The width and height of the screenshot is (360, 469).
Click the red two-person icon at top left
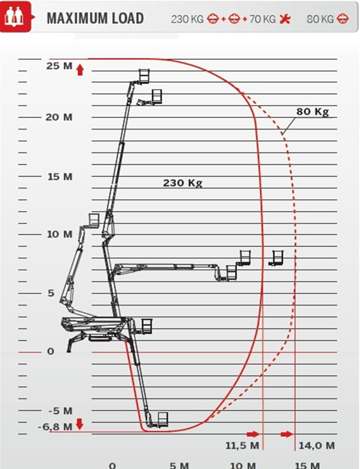coord(16,17)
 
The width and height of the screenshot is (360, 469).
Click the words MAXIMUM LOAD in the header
coord(95,18)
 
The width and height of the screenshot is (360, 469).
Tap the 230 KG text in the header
coord(187,20)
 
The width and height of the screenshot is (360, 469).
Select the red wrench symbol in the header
coord(285,20)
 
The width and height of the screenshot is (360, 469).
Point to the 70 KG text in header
coord(262,20)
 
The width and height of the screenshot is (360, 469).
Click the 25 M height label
coord(59,66)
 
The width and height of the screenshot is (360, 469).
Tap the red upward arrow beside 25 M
coord(80,71)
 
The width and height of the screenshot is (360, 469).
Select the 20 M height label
coord(59,117)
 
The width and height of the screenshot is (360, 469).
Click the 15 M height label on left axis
coord(60,177)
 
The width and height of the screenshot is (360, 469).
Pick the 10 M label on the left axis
coord(59,234)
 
